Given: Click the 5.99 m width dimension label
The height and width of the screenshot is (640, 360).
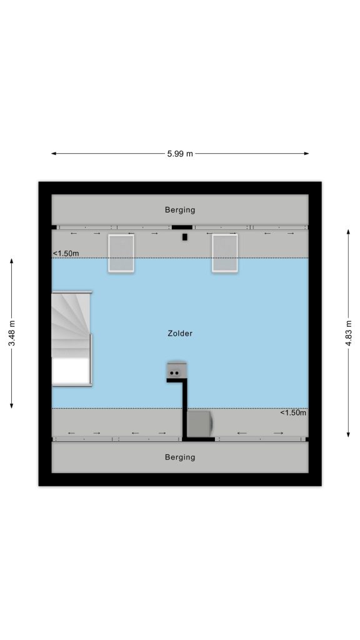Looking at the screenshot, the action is (x=180, y=154).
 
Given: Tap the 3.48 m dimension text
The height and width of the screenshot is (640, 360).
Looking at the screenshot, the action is (x=12, y=333).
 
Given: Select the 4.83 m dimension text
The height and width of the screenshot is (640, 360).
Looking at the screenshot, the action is (x=348, y=333).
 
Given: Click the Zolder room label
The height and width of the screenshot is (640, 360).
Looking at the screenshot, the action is (x=180, y=334).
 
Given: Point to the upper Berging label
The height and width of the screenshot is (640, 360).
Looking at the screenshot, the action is (x=180, y=210).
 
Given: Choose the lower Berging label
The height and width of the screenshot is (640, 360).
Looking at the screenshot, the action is (x=180, y=457).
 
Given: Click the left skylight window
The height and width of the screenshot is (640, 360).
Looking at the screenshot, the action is (x=121, y=253).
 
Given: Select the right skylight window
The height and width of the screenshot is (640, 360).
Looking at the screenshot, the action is (x=225, y=253).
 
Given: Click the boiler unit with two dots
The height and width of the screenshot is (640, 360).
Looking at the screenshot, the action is (x=177, y=370).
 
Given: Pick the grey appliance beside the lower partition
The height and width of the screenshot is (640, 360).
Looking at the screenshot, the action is (x=199, y=424).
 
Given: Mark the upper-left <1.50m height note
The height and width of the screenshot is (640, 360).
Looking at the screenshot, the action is (x=66, y=254).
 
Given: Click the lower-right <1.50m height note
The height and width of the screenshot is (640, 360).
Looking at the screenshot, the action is (x=293, y=412).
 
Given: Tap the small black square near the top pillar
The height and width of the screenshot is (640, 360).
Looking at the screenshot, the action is (x=185, y=237).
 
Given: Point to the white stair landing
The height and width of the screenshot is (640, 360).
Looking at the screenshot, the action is (x=71, y=371).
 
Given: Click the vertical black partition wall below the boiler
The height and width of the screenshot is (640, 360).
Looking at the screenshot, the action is (x=185, y=409).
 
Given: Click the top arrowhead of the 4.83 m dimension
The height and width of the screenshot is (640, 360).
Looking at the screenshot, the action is (x=348, y=232).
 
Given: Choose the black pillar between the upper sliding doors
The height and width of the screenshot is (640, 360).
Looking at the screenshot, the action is (x=182, y=227).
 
